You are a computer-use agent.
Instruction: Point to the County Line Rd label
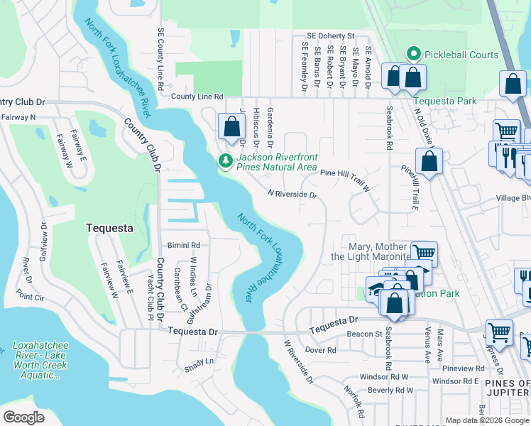(x=197, y=97)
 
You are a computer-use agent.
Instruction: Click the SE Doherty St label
(x=330, y=35)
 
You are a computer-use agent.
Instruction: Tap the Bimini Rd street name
(x=184, y=245)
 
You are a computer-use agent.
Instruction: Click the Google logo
(x=23, y=417)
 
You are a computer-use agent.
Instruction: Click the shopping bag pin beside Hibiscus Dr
(x=231, y=128)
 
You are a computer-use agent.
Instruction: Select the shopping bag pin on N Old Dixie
(x=429, y=162)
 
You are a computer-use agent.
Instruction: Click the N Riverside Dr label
(x=291, y=194)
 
